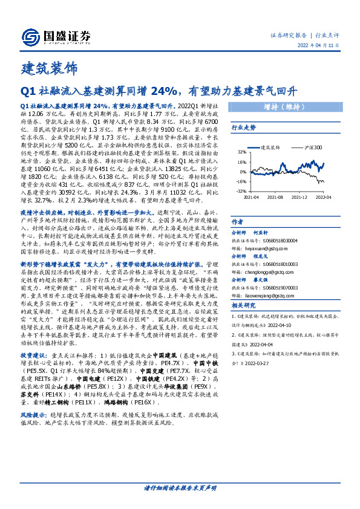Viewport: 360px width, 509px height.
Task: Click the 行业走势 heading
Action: click(244, 128)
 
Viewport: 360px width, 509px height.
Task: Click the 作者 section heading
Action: click(238, 222)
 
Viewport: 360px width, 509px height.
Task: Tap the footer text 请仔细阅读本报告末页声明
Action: click(180, 488)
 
